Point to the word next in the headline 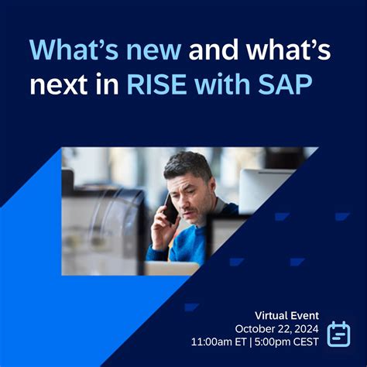(x=60, y=86)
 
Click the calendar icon (x=339, y=333)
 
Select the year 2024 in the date (x=305, y=328)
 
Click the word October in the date (x=255, y=328)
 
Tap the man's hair (x=188, y=164)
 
